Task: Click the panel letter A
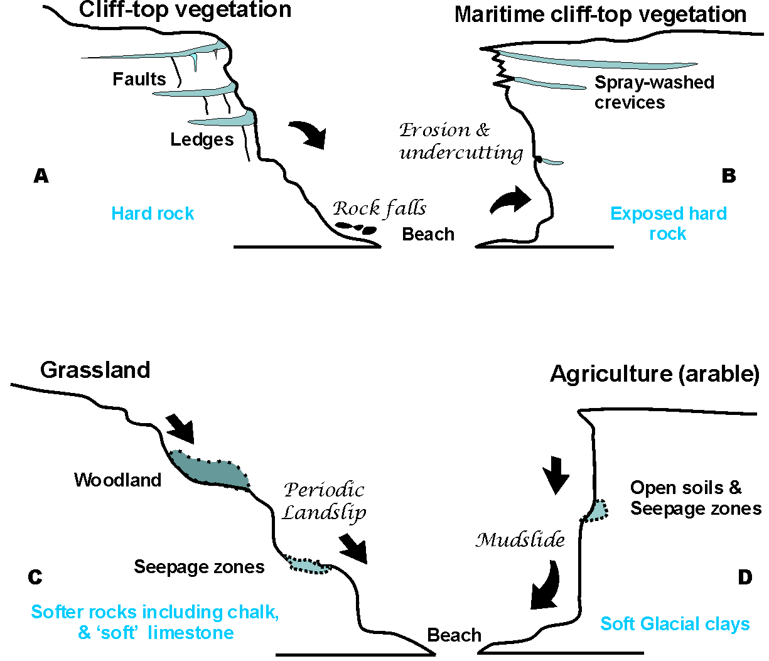pyautogui.click(x=41, y=176)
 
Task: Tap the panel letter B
pyautogui.click(x=728, y=176)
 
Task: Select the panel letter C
pyautogui.click(x=36, y=577)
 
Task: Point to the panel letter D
pyautogui.click(x=745, y=577)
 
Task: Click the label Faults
pyautogui.click(x=139, y=79)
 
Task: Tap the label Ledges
pyautogui.click(x=202, y=139)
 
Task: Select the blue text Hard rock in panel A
pyautogui.click(x=153, y=213)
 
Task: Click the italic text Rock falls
pyautogui.click(x=379, y=208)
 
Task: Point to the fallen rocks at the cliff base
pyautogui.click(x=355, y=227)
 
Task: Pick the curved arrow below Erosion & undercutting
pyautogui.click(x=511, y=200)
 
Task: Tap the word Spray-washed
pyautogui.click(x=654, y=82)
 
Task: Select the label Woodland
pyautogui.click(x=117, y=480)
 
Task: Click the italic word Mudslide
pyautogui.click(x=520, y=540)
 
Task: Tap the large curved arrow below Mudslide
pyautogui.click(x=545, y=586)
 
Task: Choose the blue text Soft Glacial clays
pyautogui.click(x=675, y=623)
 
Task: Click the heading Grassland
pyautogui.click(x=95, y=370)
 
